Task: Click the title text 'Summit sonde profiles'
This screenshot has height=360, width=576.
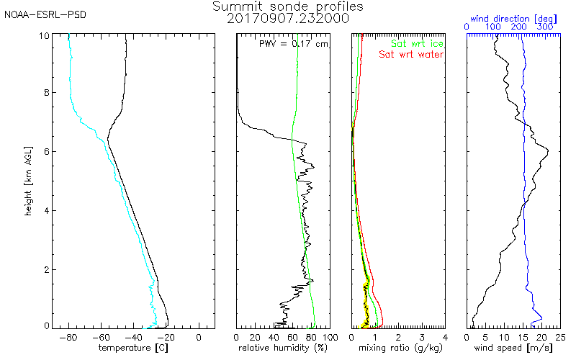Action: tap(288, 6)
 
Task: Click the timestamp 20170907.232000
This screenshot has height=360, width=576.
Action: tap(288, 18)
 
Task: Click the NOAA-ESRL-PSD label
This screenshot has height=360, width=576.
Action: tap(45, 14)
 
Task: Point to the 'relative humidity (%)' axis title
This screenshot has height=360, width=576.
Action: tap(283, 348)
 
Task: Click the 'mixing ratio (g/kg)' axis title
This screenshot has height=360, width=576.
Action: tap(398, 348)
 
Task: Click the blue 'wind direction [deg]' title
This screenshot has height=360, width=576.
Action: tap(513, 16)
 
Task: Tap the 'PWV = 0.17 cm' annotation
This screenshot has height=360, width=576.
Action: tap(293, 43)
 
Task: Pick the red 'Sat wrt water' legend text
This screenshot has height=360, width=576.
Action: tap(412, 54)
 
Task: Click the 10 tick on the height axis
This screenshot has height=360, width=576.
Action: tap(45, 35)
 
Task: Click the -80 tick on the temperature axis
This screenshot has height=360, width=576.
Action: tap(69, 336)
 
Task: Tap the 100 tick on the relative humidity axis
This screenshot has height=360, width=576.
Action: tap(329, 336)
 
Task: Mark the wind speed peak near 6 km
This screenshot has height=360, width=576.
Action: tap(549, 150)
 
